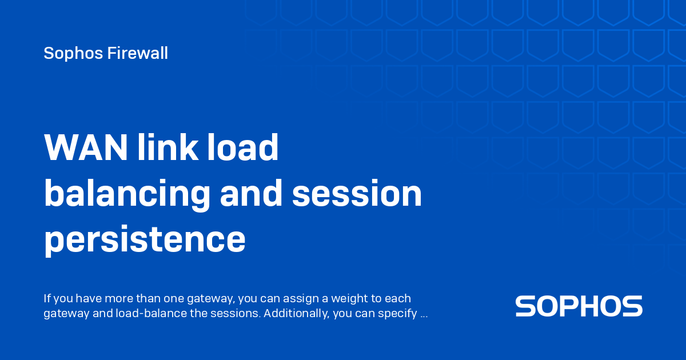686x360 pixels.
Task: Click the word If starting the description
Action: [47, 298]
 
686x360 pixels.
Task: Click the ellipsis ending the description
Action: [424, 314]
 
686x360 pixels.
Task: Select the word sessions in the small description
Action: [240, 314]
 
